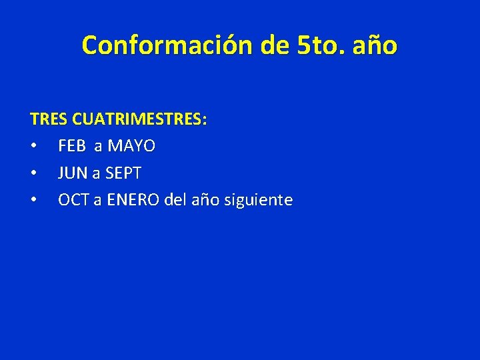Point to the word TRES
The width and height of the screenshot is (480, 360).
[x=49, y=120]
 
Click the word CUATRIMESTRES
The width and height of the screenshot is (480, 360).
[x=139, y=120]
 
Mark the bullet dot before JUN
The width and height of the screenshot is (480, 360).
[x=33, y=173]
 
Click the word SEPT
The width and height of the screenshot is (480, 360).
[x=123, y=173]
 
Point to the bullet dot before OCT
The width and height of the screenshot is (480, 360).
[x=33, y=200]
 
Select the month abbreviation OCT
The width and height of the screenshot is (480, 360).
[x=73, y=200]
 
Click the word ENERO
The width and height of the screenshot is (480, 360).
[x=131, y=200]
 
